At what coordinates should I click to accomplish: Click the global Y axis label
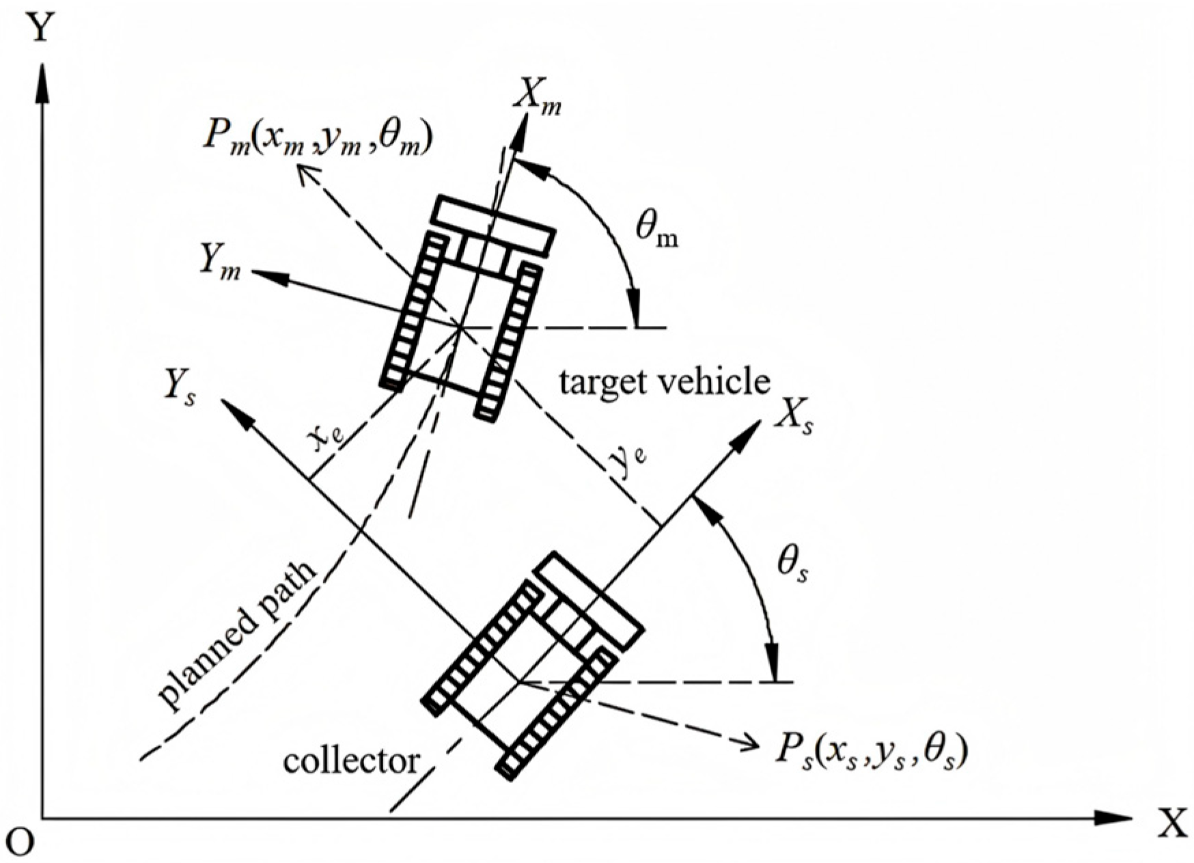coord(40,29)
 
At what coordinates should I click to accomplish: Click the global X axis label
coord(1173,825)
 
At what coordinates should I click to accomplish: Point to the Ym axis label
coord(220,262)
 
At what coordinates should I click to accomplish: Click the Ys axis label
coord(179,390)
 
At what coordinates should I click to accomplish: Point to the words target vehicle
coord(664,381)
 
